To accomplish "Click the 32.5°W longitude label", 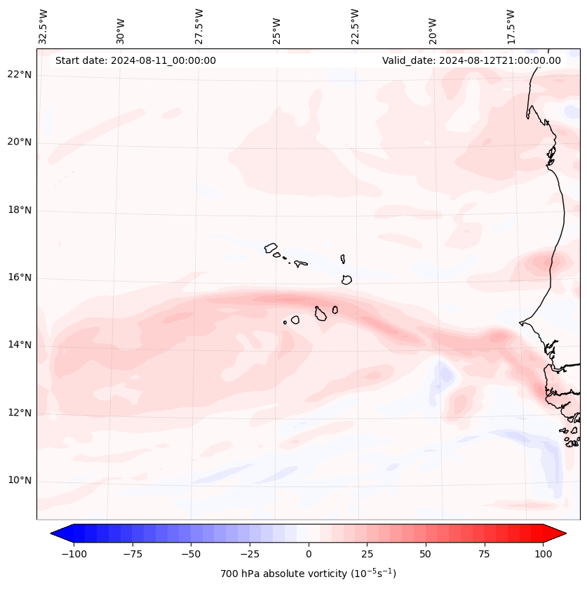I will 43,27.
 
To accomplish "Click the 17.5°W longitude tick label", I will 511,27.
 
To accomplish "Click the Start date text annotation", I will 135,60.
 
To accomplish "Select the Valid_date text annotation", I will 471,60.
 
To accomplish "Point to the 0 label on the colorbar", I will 308,554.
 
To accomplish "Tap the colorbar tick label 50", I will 426,554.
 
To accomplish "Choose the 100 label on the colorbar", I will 542,554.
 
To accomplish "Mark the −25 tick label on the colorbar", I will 249,554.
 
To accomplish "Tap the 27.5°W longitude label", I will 199,27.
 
